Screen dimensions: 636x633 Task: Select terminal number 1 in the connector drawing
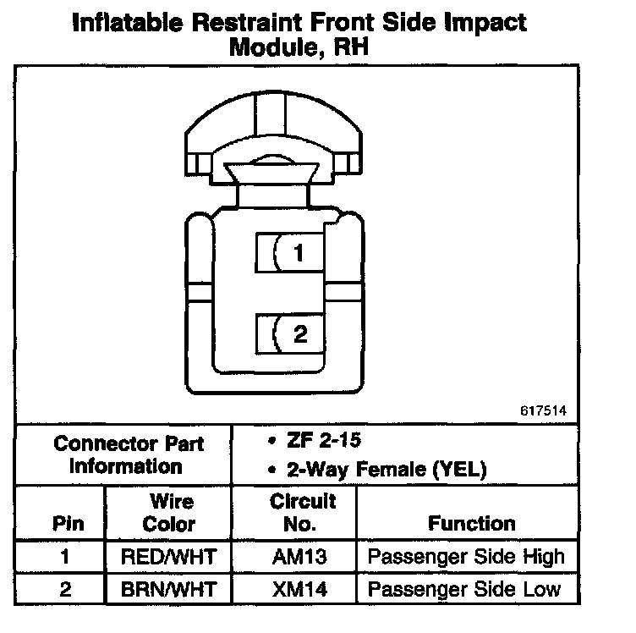pyautogui.click(x=299, y=253)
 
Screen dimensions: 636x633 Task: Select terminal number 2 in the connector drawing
pyautogui.click(x=299, y=334)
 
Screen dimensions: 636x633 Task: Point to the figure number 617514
pyautogui.click(x=541, y=411)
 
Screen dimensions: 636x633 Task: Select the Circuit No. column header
pyautogui.click(x=302, y=513)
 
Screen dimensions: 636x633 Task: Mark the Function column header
pyautogui.click(x=472, y=523)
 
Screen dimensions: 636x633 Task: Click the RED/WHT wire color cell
pyautogui.click(x=169, y=558)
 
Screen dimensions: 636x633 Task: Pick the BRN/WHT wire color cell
pyautogui.click(x=169, y=589)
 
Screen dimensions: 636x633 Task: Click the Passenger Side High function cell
pyautogui.click(x=466, y=558)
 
